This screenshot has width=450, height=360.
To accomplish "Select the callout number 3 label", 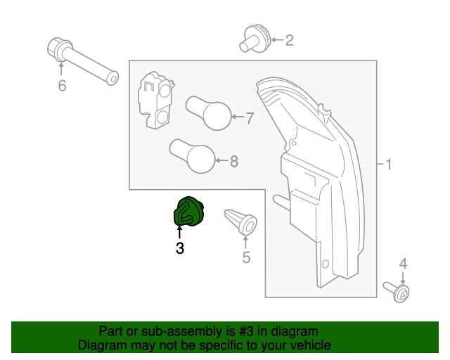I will click(180, 248).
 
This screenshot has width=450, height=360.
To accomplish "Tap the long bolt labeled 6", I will click(82, 61).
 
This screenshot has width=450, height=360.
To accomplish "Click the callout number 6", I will click(61, 86).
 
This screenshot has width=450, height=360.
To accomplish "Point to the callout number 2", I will click(289, 41).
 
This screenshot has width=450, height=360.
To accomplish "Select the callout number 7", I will click(248, 119).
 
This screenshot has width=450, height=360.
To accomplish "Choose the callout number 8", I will click(233, 162).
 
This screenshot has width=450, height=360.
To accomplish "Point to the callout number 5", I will click(246, 257).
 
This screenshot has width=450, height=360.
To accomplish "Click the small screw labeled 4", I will click(398, 291).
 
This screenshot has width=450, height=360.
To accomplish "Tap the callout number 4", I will click(403, 264).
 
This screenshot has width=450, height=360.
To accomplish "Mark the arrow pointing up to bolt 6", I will click(61, 69).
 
